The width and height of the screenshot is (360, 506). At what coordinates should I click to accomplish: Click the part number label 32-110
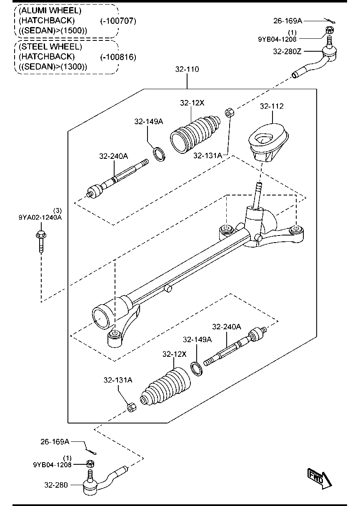tap(187, 69)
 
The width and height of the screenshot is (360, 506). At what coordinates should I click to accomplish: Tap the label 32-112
tap(272, 106)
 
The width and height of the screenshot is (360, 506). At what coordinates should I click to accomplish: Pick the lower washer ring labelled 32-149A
tap(197, 368)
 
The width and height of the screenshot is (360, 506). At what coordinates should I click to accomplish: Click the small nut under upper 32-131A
tap(229, 113)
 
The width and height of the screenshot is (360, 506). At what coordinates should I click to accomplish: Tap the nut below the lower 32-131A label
tap(130, 407)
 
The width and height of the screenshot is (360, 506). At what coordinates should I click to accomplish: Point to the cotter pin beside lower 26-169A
tap(91, 450)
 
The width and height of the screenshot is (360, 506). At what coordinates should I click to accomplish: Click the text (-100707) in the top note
tap(118, 20)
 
